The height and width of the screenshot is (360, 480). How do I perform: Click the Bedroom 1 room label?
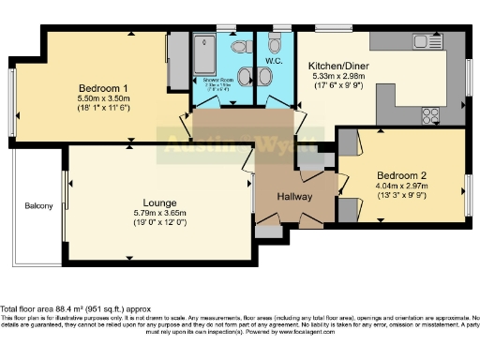point(103,87)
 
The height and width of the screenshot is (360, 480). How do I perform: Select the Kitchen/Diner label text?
point(338,66)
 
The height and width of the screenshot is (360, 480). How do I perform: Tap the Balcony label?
point(38,205)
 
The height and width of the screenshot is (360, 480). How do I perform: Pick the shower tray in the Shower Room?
point(205,52)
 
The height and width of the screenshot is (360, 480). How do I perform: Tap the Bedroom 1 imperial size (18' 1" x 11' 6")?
point(103,109)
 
